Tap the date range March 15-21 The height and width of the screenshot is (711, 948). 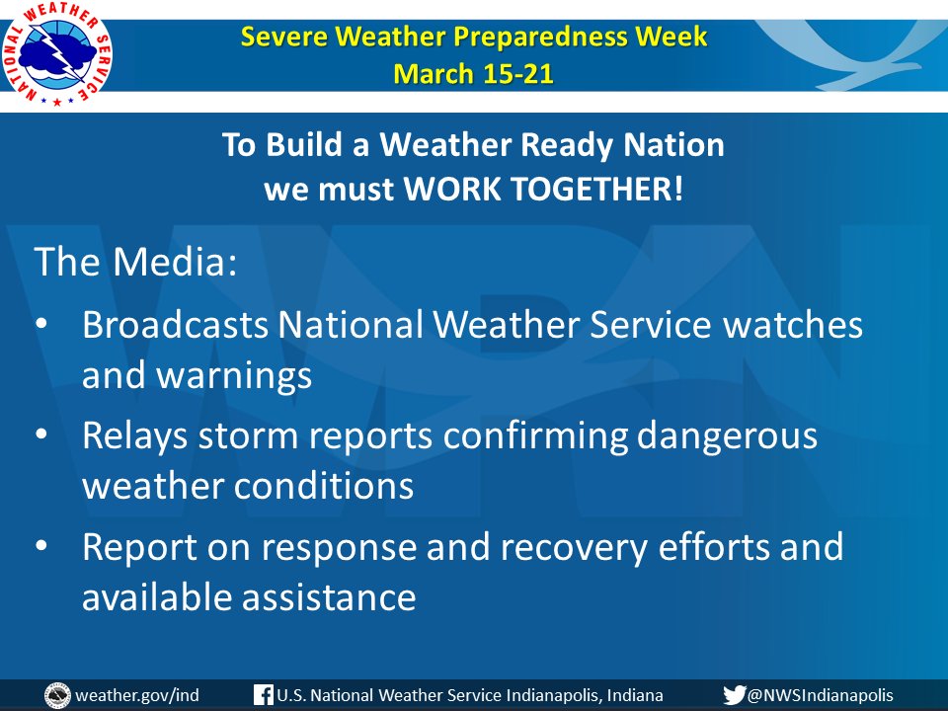[x=473, y=74]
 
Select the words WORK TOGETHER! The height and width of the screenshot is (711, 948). [x=543, y=189]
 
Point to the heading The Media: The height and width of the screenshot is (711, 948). [x=136, y=261]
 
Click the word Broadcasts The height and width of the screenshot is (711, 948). [x=176, y=324]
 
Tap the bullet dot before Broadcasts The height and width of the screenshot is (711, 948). [x=41, y=323]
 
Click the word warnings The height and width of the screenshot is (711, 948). [x=235, y=376]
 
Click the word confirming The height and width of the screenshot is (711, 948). [x=535, y=436]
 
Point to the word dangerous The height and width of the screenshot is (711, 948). [x=727, y=436]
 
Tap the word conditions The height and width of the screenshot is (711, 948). [x=324, y=486]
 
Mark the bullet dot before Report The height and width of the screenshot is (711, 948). [x=41, y=545]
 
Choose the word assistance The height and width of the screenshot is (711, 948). [x=329, y=597]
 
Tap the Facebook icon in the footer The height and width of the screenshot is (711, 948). [x=263, y=694]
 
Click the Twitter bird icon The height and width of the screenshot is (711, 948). [x=734, y=695]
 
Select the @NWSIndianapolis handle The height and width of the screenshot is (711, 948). [x=821, y=695]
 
